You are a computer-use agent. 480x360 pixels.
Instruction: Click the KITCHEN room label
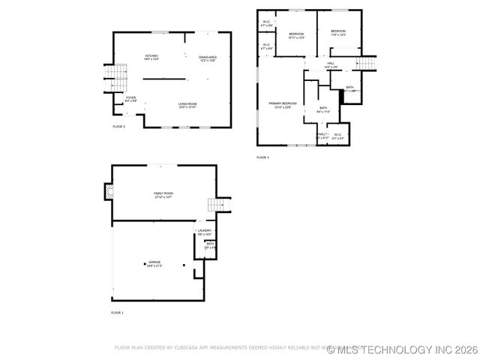coord(151,56)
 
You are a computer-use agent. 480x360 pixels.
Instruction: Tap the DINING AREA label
coord(208,58)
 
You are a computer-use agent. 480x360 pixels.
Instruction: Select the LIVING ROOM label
coord(187,103)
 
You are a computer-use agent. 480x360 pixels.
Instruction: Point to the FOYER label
coord(130,97)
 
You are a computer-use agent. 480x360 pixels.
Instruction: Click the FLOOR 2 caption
coord(118,127)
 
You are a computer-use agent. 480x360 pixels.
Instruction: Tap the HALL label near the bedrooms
coord(331,64)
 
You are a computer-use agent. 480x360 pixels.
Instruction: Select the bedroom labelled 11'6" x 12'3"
coord(337,31)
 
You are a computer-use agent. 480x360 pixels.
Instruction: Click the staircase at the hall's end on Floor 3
coord(365,63)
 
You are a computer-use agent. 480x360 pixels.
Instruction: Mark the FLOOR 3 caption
coord(262,157)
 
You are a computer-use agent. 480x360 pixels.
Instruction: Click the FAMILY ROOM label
coord(163,193)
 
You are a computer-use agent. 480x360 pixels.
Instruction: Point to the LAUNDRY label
coord(205,231)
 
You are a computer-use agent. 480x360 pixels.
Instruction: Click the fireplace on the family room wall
coord(110,193)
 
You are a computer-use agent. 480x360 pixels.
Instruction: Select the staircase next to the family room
coord(217,205)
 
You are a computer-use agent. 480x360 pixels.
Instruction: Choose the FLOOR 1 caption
coord(117,312)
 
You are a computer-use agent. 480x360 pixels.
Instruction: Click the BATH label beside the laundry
coord(210,244)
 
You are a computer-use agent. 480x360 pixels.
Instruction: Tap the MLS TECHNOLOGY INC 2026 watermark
coord(402,349)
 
